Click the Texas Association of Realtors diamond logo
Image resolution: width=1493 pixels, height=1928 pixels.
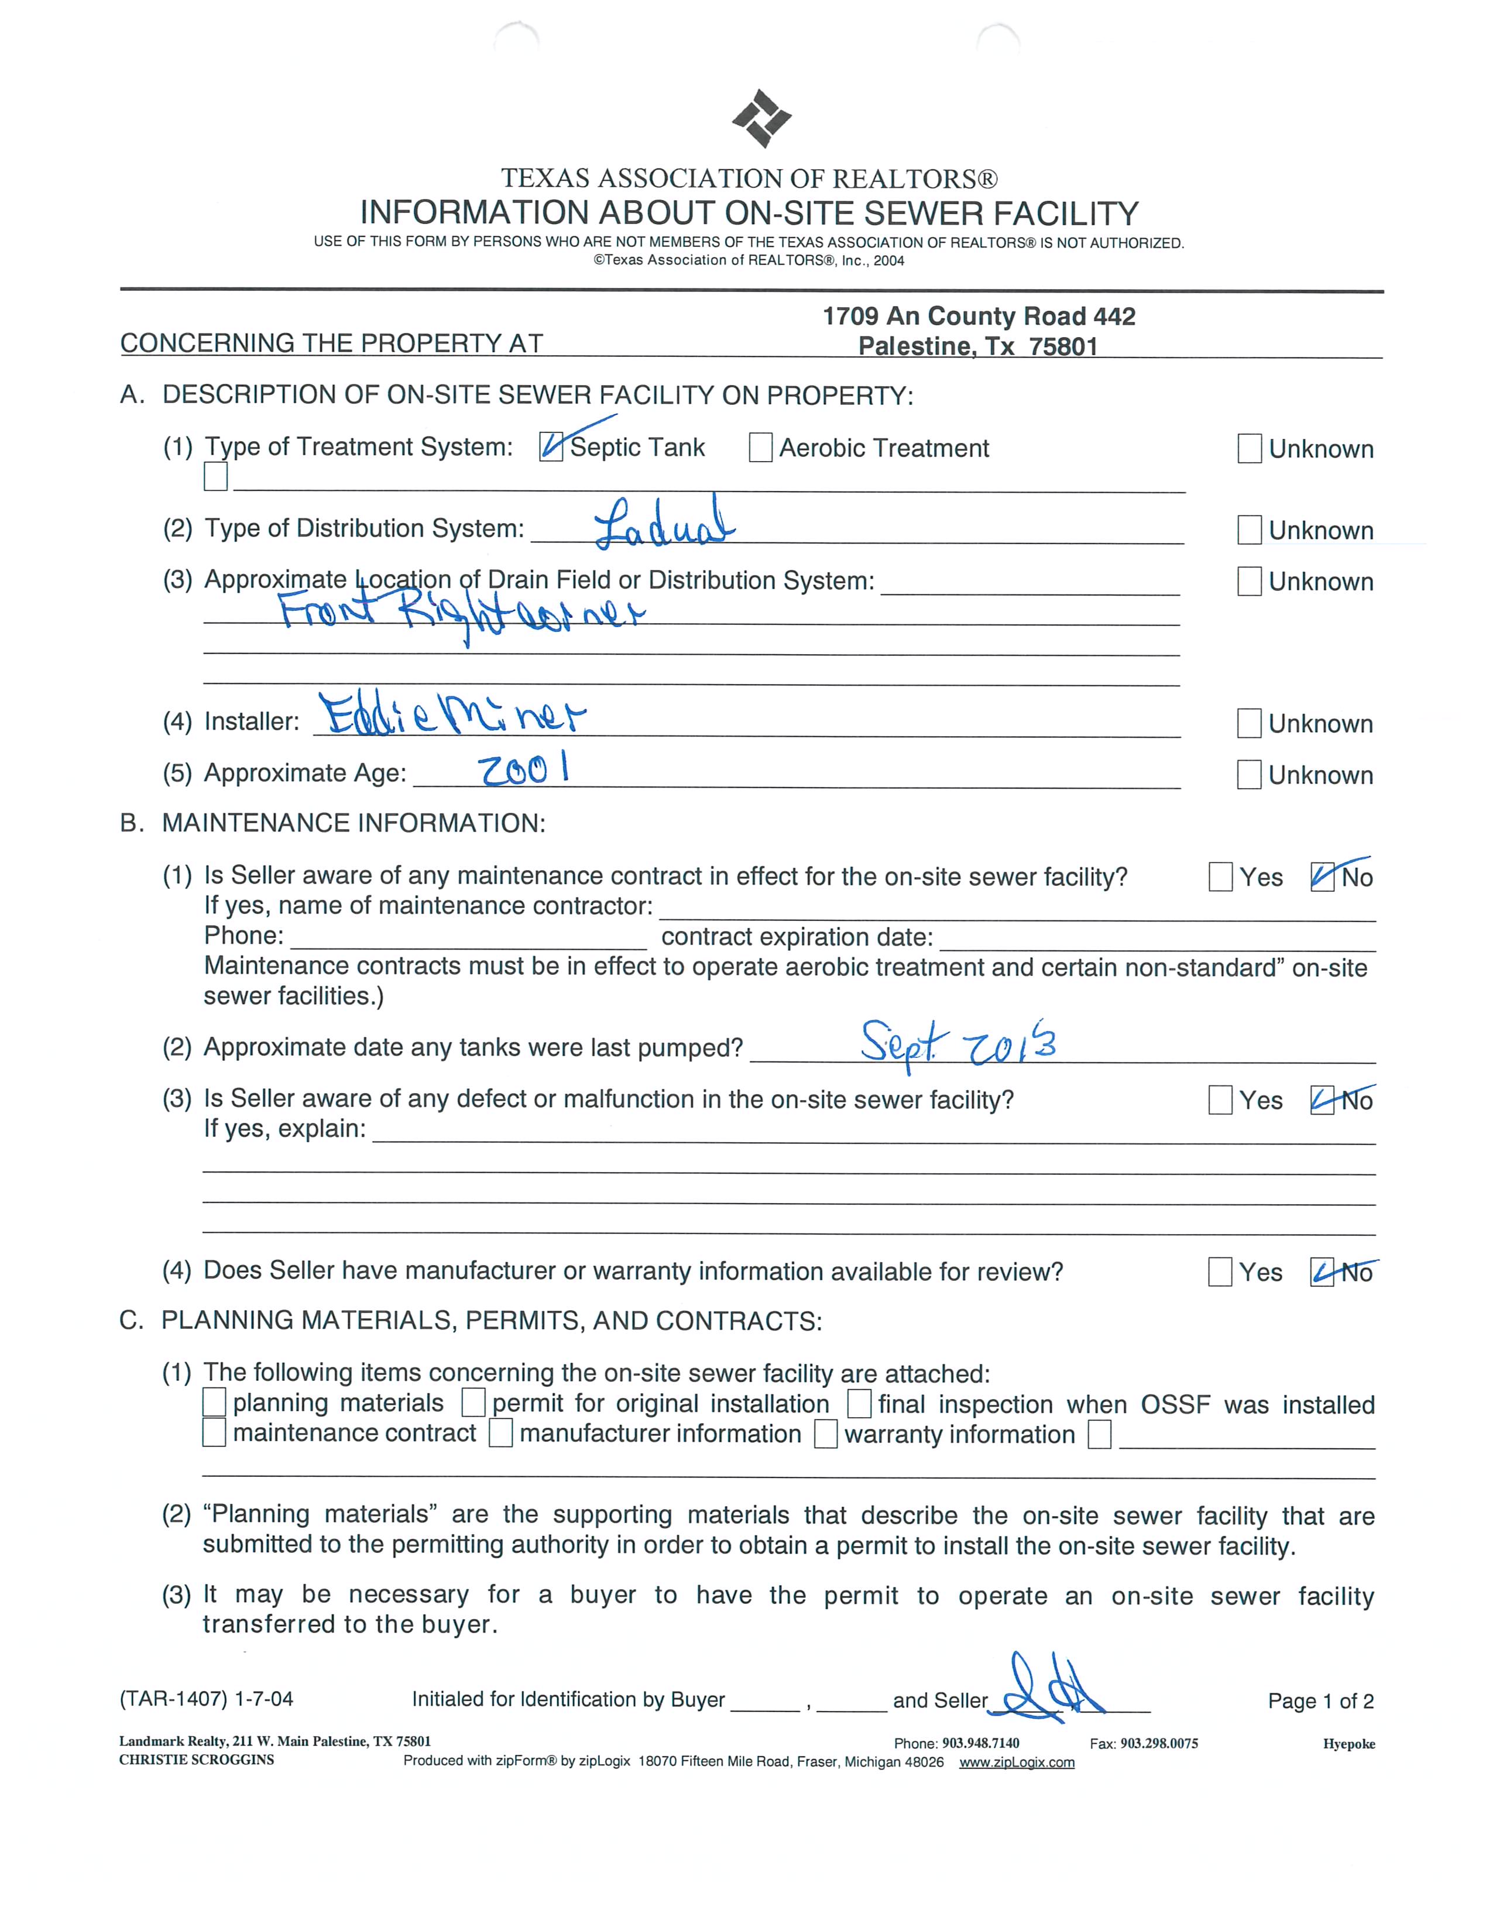761,118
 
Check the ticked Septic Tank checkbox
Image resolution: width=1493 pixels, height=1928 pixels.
551,448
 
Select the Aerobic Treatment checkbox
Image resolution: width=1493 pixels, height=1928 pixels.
760,448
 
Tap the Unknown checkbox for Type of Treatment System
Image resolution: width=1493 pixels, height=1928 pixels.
1250,448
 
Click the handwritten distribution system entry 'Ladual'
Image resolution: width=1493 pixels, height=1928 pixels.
664,524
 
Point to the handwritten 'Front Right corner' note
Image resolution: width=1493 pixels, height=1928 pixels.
461,613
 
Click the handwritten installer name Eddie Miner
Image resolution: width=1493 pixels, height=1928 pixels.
452,715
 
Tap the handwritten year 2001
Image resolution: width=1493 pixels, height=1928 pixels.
523,771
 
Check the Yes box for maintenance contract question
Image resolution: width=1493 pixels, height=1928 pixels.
1220,877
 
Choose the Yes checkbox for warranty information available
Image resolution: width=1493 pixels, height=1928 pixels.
1220,1272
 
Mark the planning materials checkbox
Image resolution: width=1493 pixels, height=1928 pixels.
215,1403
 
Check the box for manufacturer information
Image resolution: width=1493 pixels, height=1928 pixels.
500,1433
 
